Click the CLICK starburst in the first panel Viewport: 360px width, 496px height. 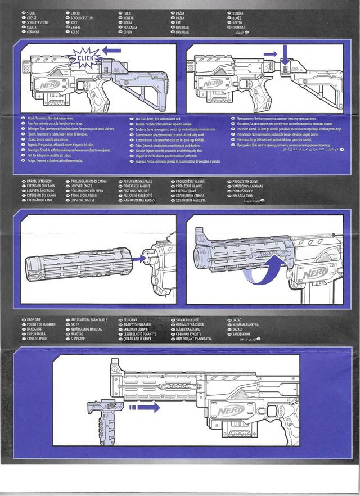[x=84, y=57]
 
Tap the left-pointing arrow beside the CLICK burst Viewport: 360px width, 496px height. [x=112, y=51]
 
